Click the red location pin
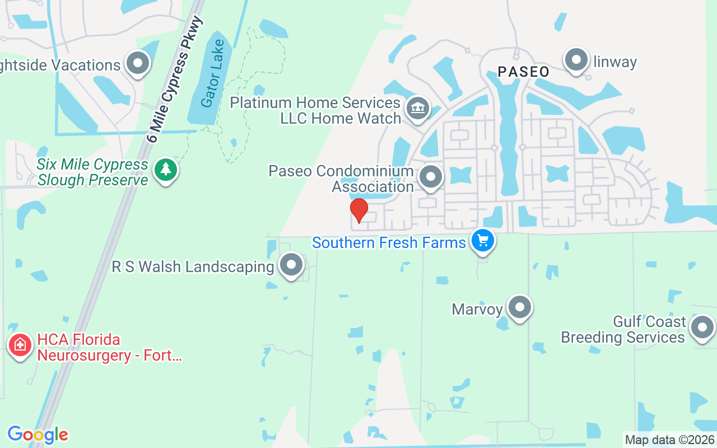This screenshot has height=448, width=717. point(358,211)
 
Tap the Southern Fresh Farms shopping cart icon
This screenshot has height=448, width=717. point(483,241)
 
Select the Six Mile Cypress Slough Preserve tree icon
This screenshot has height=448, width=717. point(165,169)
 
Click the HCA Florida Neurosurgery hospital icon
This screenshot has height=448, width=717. point(21,344)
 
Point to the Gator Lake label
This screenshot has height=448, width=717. point(212,73)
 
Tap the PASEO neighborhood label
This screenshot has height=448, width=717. point(523,72)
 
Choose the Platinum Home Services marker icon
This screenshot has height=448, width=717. point(417,107)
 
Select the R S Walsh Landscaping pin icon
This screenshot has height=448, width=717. point(291,265)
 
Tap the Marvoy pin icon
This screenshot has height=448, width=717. point(520,307)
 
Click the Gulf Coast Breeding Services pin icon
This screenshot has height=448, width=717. point(702,328)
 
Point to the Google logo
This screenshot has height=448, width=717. point(38,435)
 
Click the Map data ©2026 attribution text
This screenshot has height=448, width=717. point(670,440)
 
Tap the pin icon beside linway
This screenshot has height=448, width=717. point(576,60)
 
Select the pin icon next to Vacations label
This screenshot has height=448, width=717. point(138,64)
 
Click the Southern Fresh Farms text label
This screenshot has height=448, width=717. point(389,242)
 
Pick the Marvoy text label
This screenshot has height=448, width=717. point(477,309)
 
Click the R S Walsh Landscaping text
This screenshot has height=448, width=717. point(193,267)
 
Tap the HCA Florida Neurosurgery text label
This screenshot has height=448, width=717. point(109,347)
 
